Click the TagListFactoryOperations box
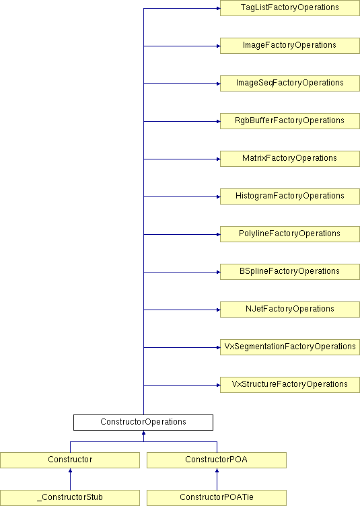pyautogui.click(x=289, y=8)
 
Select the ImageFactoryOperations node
pyautogui.click(x=289, y=46)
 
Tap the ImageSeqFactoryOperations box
pyautogui.click(x=289, y=83)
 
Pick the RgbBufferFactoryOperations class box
pyautogui.click(x=289, y=121)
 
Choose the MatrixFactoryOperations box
pyautogui.click(x=289, y=159)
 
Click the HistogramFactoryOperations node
pyautogui.click(x=289, y=196)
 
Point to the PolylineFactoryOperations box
pyautogui.click(x=289, y=234)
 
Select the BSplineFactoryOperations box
pyautogui.click(x=289, y=272)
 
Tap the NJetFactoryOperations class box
pyautogui.click(x=289, y=310)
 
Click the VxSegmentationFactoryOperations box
pyautogui.click(x=289, y=347)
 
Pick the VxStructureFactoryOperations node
pyautogui.click(x=289, y=385)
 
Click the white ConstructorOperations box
pyautogui.click(x=143, y=423)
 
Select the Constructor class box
pyautogui.click(x=70, y=460)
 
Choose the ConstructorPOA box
pyautogui.click(x=217, y=460)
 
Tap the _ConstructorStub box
pyautogui.click(x=70, y=498)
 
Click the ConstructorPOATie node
pyautogui.click(x=217, y=498)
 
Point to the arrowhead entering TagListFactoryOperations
pyautogui.click(x=219, y=8)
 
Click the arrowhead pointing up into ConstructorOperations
pyautogui.click(x=143, y=433)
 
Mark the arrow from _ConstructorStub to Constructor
pyautogui.click(x=70, y=479)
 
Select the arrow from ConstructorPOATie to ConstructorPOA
pyautogui.click(x=217, y=479)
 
